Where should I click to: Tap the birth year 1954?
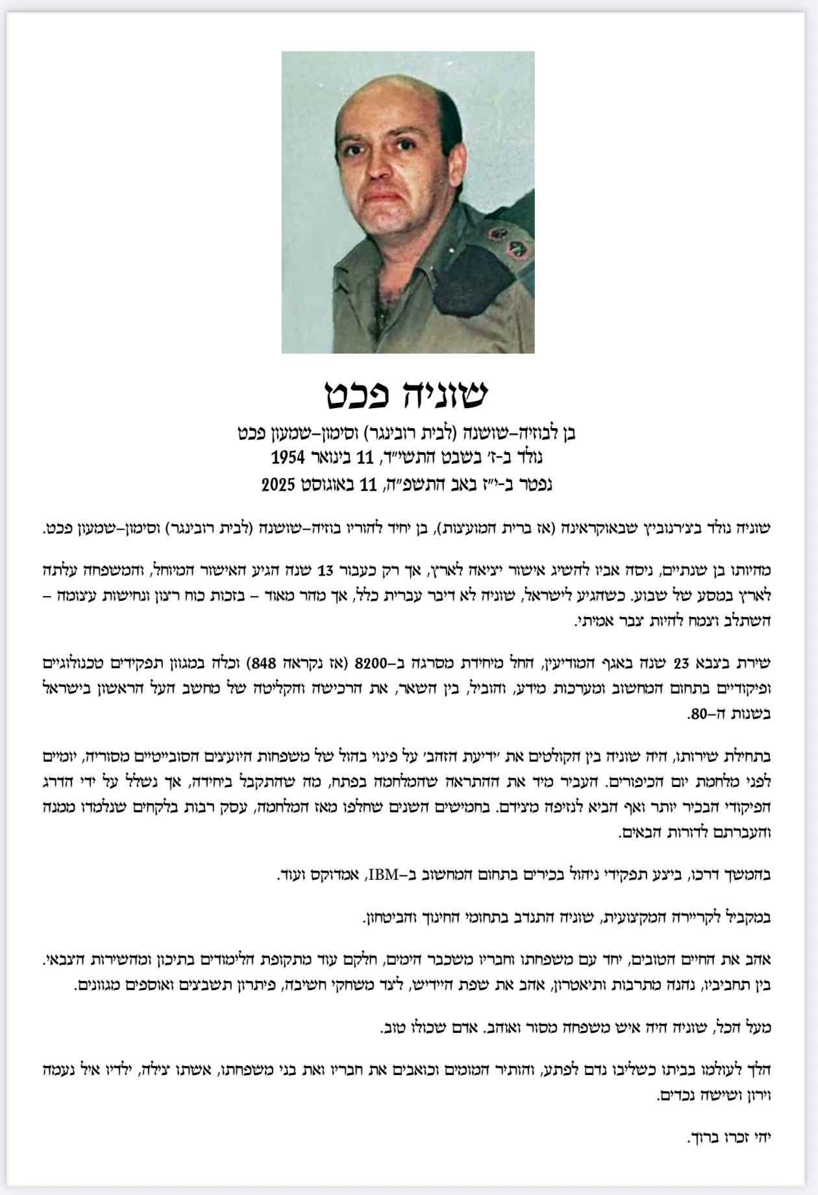[x=288, y=457]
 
